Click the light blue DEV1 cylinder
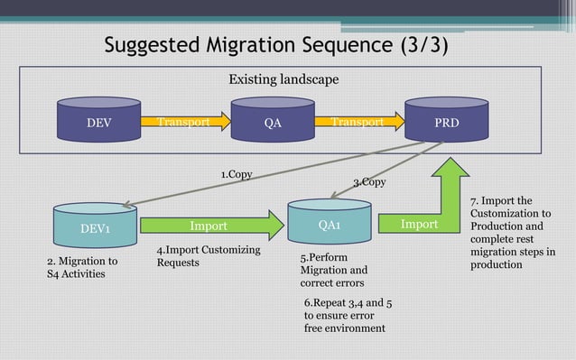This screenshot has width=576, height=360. (95, 228)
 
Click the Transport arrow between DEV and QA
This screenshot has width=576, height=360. (185, 122)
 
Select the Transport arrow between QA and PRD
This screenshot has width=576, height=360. (358, 122)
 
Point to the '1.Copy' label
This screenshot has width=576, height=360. (236, 173)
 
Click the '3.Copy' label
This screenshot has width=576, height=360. (369, 182)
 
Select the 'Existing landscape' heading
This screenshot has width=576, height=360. (283, 79)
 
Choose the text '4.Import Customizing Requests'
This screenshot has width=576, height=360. (209, 256)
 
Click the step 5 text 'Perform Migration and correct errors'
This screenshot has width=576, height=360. (334, 270)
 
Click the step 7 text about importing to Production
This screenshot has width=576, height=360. (513, 233)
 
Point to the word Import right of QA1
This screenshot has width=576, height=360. (419, 224)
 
